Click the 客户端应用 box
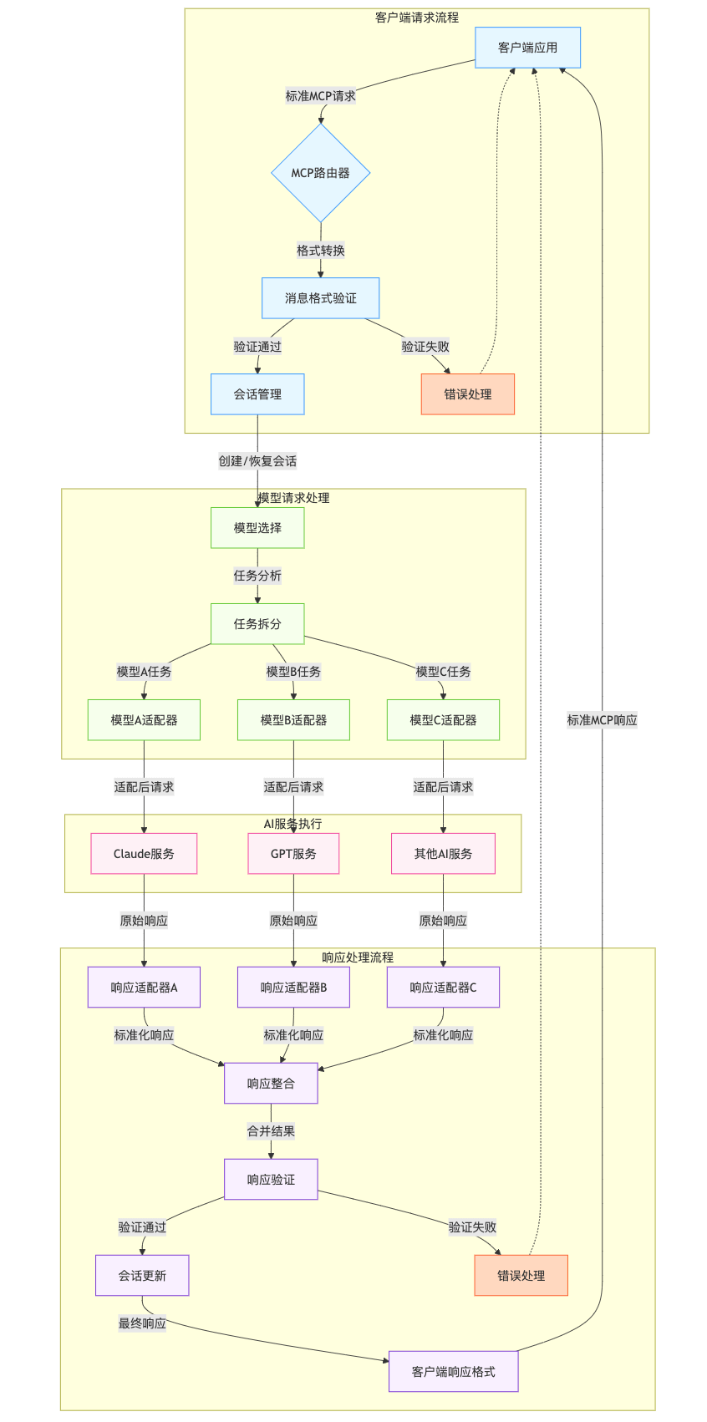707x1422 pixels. click(x=527, y=48)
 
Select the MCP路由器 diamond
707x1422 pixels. click(x=320, y=173)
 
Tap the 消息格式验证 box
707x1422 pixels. click(x=320, y=298)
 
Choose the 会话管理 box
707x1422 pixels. click(x=257, y=394)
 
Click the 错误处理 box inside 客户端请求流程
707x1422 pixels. click(x=467, y=394)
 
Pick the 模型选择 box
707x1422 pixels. click(x=257, y=528)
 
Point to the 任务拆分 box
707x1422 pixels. click(x=257, y=624)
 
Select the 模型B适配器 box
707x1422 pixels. click(x=293, y=720)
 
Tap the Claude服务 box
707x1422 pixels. click(x=144, y=854)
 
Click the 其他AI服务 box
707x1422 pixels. click(x=443, y=854)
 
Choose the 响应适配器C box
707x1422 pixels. click(x=443, y=988)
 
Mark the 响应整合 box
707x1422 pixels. click(x=271, y=1084)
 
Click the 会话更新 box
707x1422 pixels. click(x=142, y=1276)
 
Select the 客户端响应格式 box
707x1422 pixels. click(x=453, y=1372)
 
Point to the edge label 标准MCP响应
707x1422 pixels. click(x=602, y=720)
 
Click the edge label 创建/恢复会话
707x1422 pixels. click(x=257, y=461)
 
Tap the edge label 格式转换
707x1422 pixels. click(x=320, y=251)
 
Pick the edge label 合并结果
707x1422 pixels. click(x=271, y=1131)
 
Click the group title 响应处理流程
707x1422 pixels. click(x=358, y=957)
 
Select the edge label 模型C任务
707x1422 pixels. click(x=443, y=672)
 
